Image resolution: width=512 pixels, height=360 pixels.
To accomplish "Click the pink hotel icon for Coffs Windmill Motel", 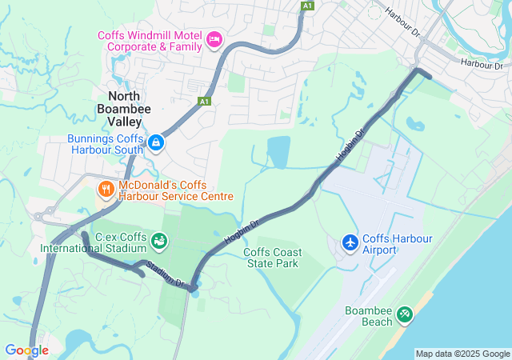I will coord(214,39).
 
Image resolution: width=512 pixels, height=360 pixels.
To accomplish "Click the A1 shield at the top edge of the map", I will coord(307,6).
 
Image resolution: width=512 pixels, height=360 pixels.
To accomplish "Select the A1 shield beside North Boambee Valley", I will coord(205,102).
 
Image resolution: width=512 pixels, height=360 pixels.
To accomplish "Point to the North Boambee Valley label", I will coord(119,109).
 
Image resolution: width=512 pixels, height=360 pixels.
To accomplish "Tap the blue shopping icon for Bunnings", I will coord(156,143).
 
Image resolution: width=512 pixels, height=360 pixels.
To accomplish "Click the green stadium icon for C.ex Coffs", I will coord(160,239).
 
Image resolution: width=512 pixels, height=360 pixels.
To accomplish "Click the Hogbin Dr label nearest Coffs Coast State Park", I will coord(243,231).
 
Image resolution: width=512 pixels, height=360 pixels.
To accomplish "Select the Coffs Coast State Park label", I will coord(272,258).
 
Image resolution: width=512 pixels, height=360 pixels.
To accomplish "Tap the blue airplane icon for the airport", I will coord(350,241).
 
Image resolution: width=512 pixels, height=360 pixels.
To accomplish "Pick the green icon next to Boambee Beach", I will coord(405,314).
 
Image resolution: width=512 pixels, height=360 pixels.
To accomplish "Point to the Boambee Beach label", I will coord(369,316).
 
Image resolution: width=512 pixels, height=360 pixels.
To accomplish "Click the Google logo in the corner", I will coord(26,350).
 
